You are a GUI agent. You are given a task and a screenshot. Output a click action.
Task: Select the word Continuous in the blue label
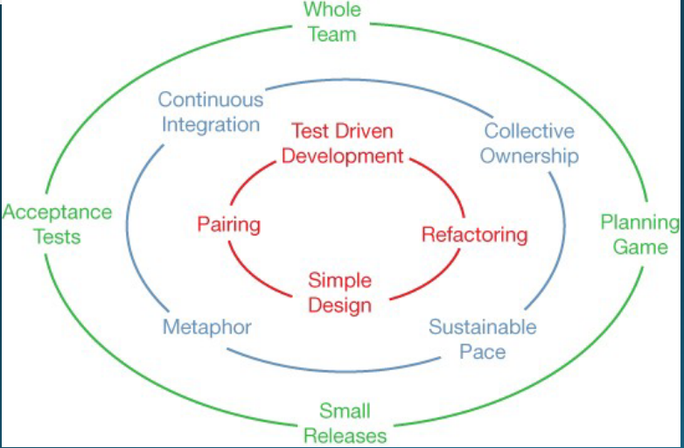pos(209,100)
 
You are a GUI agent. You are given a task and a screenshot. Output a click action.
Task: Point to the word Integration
pos(210,124)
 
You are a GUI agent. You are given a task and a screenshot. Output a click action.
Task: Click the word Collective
pos(529,131)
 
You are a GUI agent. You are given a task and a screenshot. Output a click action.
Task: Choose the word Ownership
pos(529,156)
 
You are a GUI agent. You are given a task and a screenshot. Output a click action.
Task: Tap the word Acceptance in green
pos(57,212)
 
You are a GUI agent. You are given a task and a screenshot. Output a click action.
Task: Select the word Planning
pos(639,222)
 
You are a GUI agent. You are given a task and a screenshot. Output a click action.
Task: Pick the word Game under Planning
pos(639,247)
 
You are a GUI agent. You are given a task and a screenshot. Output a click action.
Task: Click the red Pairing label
pos(229,224)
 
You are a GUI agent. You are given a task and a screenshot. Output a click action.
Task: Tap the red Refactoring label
pos(475,234)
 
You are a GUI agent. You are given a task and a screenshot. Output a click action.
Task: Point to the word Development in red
pos(343,156)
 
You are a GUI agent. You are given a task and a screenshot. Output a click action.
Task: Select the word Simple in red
pos(339,281)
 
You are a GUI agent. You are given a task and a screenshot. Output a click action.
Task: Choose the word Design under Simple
pos(339,305)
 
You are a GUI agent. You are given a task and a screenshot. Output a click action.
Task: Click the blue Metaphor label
pos(207,327)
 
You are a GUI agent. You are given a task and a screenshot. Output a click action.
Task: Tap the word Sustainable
pos(482,327)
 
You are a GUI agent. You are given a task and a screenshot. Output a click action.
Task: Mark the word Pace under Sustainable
pos(482,352)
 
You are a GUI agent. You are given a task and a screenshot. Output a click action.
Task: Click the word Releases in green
pos(344,435)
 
